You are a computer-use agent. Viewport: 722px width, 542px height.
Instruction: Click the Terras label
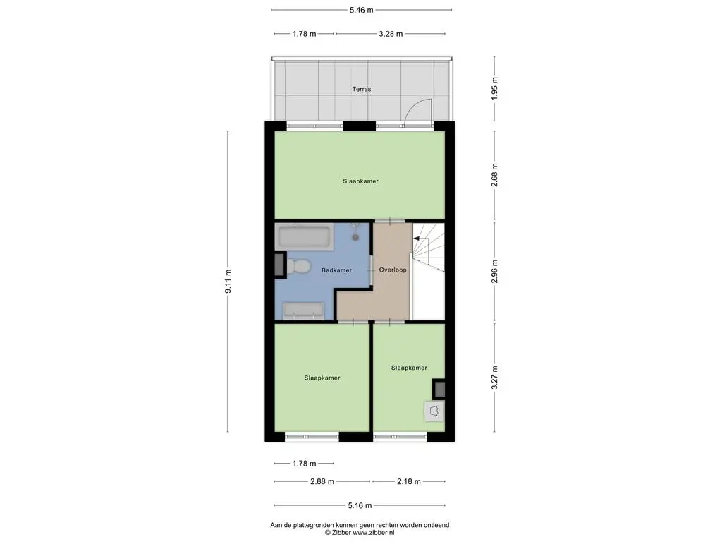tap(362, 89)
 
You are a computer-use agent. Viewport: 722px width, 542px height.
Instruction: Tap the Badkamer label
tap(336, 270)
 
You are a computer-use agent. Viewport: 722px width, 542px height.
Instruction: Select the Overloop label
tap(393, 270)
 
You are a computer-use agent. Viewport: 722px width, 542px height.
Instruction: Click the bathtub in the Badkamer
tap(305, 237)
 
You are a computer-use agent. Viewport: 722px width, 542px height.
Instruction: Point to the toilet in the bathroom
tap(297, 267)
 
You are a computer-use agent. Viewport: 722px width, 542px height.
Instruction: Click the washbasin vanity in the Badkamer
tap(303, 311)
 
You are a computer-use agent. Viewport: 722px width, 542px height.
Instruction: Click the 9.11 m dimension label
tap(228, 281)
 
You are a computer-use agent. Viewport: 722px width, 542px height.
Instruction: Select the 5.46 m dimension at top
tap(362, 10)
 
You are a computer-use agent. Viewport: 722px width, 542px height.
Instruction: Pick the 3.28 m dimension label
tap(391, 34)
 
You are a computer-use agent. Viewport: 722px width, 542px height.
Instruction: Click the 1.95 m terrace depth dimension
tap(494, 88)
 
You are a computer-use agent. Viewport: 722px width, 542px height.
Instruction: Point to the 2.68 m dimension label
tap(494, 175)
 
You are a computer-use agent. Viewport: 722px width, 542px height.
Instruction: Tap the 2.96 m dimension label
tap(494, 272)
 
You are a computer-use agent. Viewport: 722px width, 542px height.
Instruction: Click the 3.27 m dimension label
tap(494, 378)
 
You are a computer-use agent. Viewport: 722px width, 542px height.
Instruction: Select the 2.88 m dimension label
tap(322, 481)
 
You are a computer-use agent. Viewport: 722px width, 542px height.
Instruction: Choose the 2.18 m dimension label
tap(409, 481)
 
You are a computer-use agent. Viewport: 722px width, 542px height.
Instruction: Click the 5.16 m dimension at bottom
tap(360, 505)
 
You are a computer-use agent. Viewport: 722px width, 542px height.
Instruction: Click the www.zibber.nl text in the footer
tap(374, 533)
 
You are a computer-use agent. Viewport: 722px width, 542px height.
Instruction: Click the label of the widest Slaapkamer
tap(360, 181)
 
